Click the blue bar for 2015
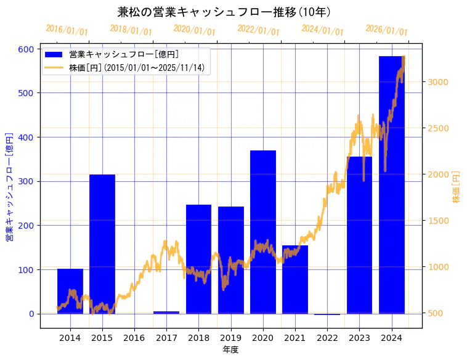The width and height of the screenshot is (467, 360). [x=102, y=243]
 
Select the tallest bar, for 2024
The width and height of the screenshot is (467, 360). [x=391, y=185]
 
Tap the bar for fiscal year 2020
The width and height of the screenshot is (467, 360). [x=263, y=231]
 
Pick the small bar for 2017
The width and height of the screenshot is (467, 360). [x=166, y=313]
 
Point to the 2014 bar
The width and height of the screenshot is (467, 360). [x=70, y=291]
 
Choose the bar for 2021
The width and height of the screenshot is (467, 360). [x=295, y=279]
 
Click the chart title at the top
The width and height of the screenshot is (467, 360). [x=224, y=12]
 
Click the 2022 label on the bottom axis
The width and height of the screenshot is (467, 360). [x=327, y=338]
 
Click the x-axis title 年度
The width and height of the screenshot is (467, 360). [x=230, y=350]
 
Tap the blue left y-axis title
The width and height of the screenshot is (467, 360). [x=9, y=186]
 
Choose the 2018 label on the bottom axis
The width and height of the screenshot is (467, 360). [x=198, y=338]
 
